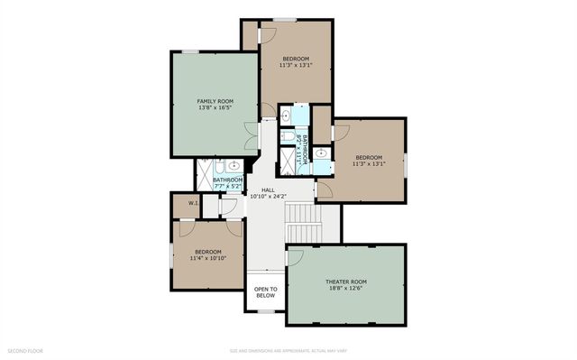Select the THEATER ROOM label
346,282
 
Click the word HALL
268,189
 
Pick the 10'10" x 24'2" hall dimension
268,197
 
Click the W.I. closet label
193,204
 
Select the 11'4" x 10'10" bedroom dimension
207,258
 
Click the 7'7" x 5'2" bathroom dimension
228,186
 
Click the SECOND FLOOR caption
24,350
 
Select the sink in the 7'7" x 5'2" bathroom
234,166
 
